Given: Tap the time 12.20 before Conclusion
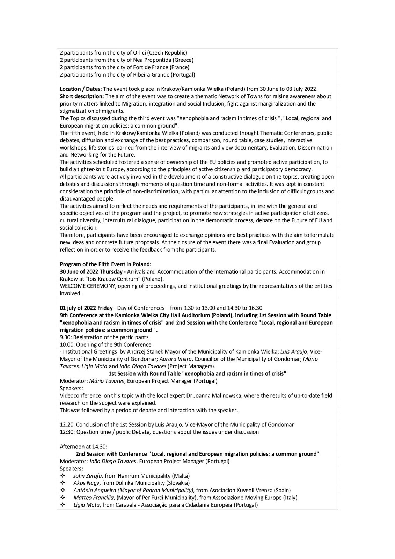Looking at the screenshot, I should (x=67, y=424).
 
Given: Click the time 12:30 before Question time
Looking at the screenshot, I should (x=67, y=432).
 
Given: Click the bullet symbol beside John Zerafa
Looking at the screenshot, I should (x=63, y=476).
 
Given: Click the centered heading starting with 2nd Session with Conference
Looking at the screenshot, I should (x=197, y=454).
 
